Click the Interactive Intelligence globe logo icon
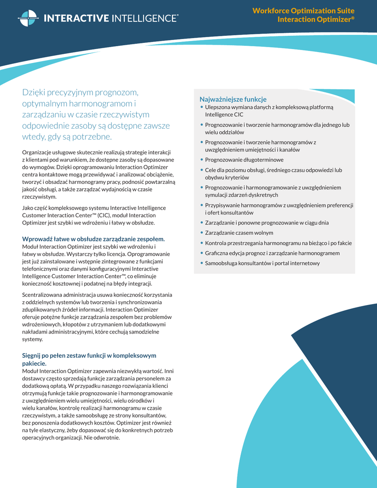28,18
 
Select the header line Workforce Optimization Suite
303,11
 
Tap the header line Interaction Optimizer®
316,20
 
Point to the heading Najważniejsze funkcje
233,99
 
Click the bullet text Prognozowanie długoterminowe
244,160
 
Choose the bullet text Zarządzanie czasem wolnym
239,233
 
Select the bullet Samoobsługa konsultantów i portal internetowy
262,263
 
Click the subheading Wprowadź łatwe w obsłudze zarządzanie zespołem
93,239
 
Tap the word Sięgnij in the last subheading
33,356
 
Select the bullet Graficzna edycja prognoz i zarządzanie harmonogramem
272,253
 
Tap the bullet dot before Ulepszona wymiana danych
202,107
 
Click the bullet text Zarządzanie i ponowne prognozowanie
266,223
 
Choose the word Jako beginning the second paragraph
28,208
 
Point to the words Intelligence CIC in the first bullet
224,115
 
